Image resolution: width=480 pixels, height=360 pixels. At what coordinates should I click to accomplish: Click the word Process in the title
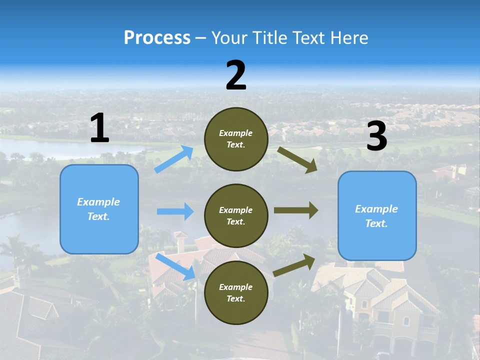click(157, 38)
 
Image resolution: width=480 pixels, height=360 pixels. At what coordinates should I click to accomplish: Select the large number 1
click(99, 128)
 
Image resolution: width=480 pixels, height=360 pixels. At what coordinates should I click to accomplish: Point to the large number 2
click(236, 75)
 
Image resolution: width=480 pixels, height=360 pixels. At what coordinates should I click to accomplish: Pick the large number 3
click(376, 136)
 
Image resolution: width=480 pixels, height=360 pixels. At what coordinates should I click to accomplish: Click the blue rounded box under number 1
click(99, 209)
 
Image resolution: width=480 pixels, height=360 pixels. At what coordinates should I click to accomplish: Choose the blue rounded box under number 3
click(377, 215)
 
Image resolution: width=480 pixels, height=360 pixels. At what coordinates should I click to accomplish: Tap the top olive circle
click(236, 139)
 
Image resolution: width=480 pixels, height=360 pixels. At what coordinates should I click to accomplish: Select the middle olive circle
click(236, 215)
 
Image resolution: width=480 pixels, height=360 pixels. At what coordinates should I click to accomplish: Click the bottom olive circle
click(236, 292)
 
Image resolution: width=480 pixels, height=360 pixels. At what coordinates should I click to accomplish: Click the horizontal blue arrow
click(175, 211)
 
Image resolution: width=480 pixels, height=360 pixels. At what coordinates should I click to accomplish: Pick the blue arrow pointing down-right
click(175, 266)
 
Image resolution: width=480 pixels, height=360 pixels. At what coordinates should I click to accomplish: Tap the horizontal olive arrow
click(296, 210)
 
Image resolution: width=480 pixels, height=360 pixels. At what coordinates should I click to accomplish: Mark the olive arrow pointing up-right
click(295, 265)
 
